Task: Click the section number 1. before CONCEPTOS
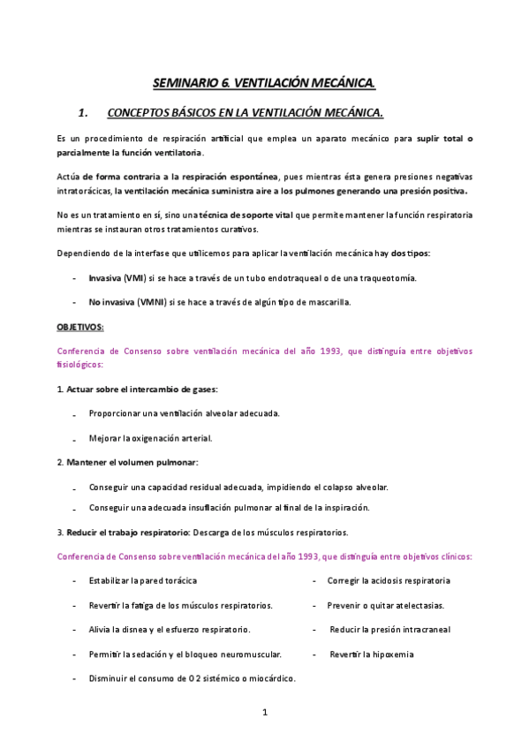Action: point(85,113)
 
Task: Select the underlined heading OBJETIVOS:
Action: point(80,327)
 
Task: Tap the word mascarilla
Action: point(328,302)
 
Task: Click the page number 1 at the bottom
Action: point(264,712)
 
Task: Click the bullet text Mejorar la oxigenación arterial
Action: point(150,437)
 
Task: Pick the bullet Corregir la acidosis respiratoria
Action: point(389,580)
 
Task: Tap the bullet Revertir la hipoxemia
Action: point(371,654)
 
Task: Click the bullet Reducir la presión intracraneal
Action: point(389,630)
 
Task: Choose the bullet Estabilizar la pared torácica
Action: point(142,580)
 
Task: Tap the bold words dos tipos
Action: point(411,253)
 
